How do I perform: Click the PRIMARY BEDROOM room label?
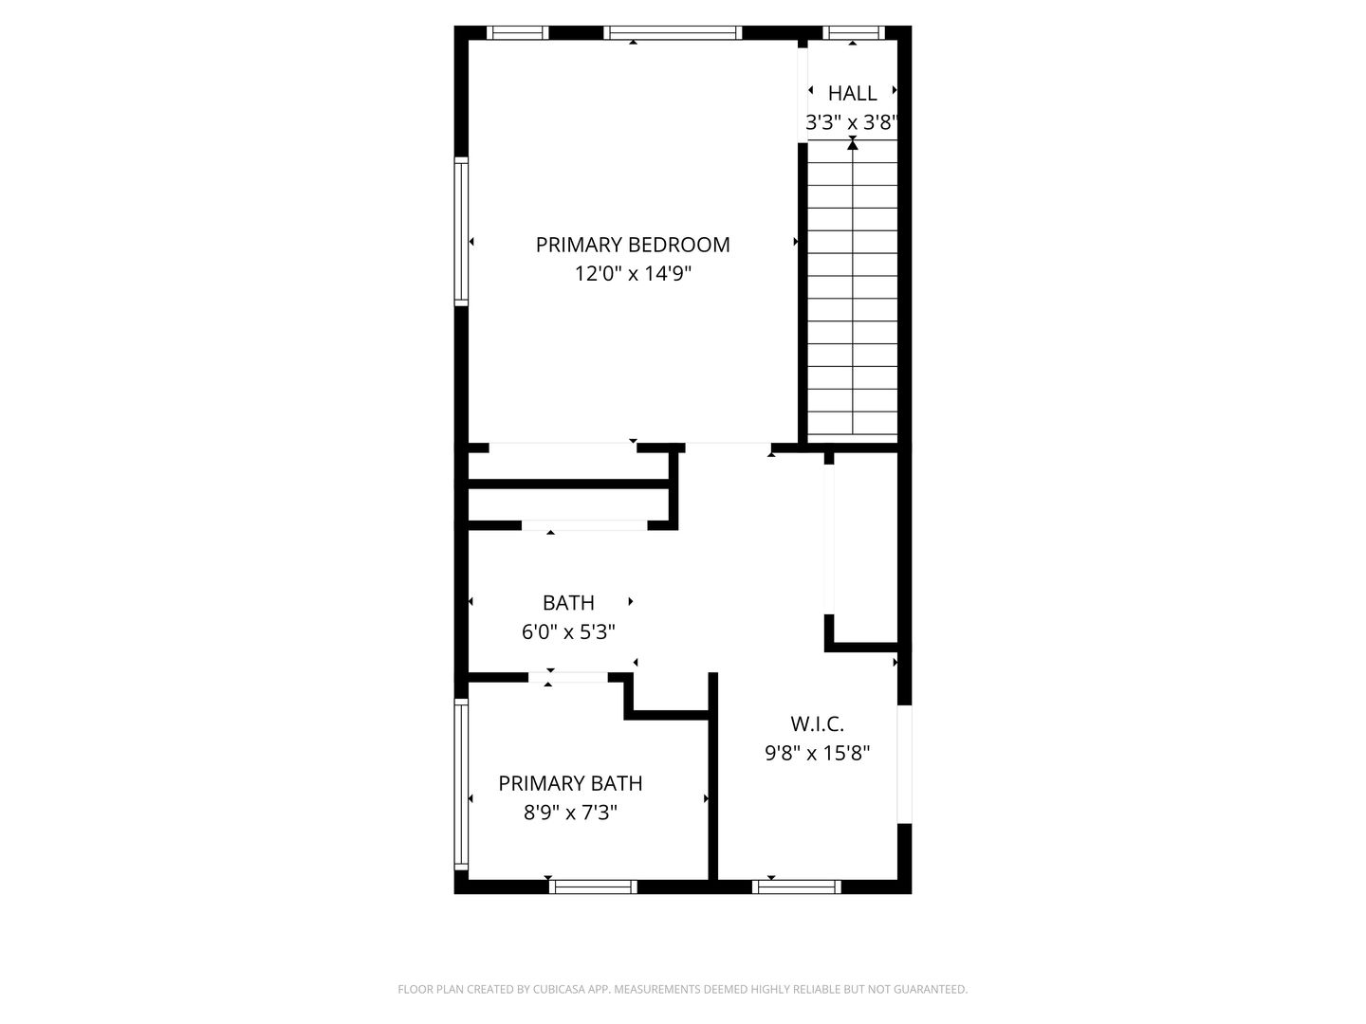633,245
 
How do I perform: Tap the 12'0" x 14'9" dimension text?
633,274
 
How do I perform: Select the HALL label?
852,93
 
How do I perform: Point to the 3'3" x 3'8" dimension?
852,122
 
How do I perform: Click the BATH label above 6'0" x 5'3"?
568,602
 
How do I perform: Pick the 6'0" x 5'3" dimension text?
568,631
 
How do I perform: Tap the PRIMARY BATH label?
570,783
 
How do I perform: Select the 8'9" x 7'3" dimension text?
570,813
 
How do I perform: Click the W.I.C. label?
817,724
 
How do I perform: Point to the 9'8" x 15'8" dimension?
817,754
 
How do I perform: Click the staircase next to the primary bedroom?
852,294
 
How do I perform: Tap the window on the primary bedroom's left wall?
462,231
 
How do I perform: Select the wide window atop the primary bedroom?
673,33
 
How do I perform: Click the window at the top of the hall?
853,33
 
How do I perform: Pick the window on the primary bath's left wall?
462,784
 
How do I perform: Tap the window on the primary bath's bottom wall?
593,887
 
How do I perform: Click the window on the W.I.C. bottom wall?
796,887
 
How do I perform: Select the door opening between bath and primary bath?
568,677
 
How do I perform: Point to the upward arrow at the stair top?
853,145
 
